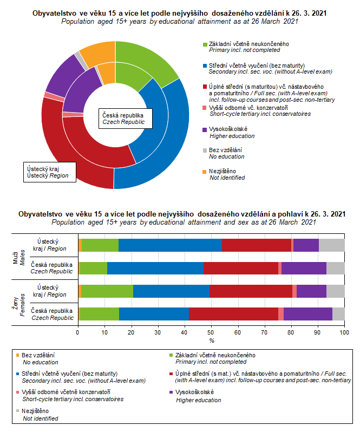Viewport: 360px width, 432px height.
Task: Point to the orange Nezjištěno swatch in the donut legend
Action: coord(204,171)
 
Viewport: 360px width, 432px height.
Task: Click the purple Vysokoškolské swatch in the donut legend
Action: coord(204,129)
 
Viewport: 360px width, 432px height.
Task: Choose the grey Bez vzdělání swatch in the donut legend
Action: coord(204,149)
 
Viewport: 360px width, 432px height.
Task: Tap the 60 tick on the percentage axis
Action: coord(238,333)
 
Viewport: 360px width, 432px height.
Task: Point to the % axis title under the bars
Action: coord(212,341)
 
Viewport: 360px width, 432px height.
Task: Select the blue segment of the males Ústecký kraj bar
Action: coord(170,245)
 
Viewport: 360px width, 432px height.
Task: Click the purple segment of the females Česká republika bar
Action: coord(307,313)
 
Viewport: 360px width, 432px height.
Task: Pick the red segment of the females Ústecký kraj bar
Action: coord(251,291)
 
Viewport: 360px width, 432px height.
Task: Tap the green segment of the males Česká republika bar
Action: coord(93,268)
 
